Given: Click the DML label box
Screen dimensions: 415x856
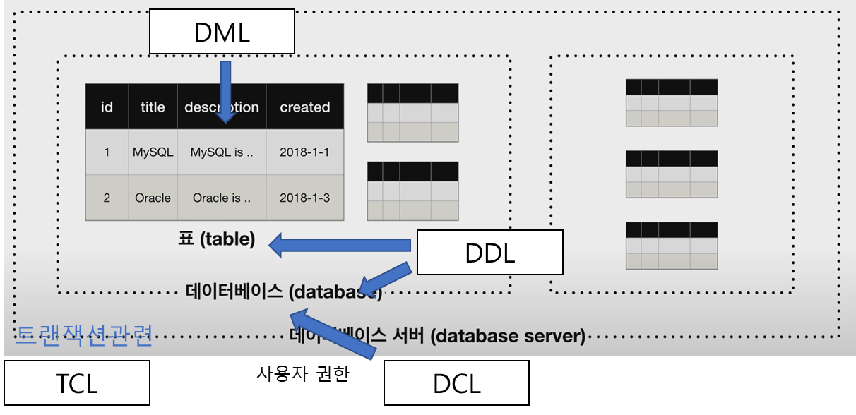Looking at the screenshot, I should (x=221, y=31).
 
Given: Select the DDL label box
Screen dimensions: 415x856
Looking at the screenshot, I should (x=489, y=252).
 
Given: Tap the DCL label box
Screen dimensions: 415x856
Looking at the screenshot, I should (x=456, y=383).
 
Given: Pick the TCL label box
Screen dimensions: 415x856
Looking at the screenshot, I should (x=76, y=383).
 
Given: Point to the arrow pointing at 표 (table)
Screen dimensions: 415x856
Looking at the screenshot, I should (x=339, y=245).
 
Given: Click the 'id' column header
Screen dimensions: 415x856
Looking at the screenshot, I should (x=107, y=107).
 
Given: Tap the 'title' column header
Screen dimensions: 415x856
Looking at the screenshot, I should (x=153, y=107).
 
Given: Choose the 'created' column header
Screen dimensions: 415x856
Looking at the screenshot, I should (x=304, y=107).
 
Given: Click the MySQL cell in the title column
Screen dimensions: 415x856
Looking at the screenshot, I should (x=153, y=152).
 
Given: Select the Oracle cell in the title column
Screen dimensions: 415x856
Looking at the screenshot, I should (x=153, y=198).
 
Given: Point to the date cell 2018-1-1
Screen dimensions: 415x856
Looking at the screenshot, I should (x=304, y=152).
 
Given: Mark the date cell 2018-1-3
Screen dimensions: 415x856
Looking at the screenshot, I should (x=304, y=198).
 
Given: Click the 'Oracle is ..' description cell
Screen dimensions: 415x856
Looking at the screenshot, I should (x=221, y=198).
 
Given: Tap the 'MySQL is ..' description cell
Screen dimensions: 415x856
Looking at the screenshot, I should (x=221, y=152).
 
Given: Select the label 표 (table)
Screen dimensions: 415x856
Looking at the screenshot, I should (x=216, y=239).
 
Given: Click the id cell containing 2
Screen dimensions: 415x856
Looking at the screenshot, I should (x=107, y=198).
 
